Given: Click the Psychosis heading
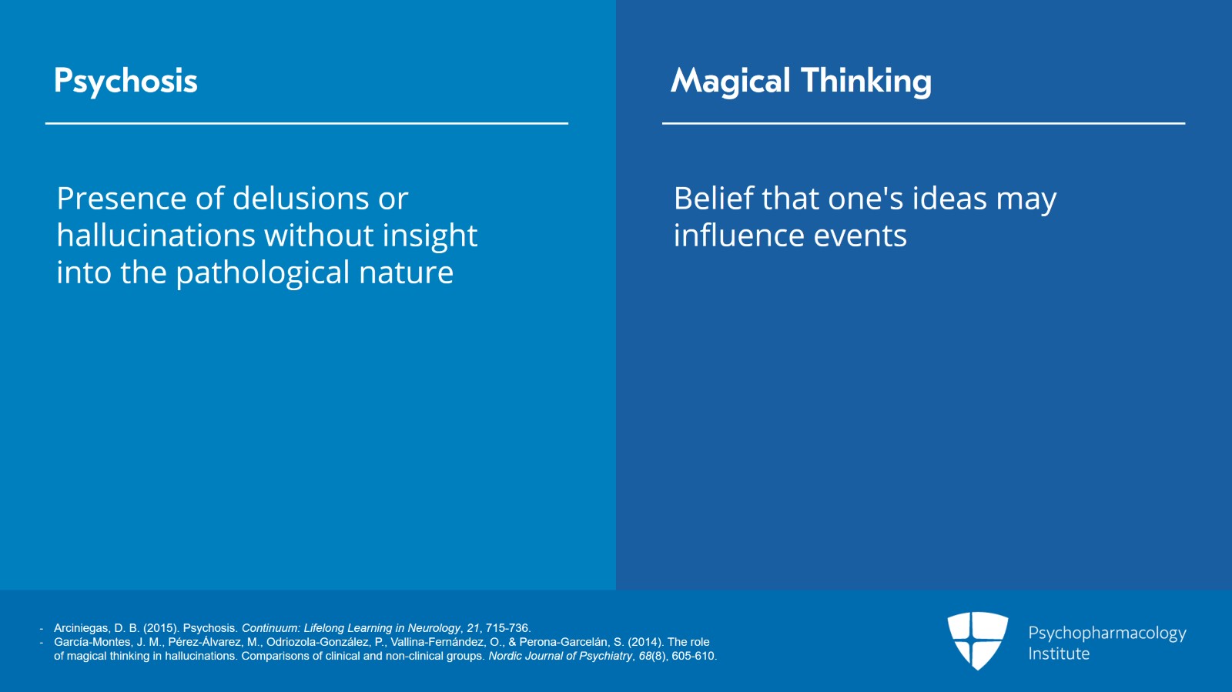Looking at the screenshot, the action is click(126, 82).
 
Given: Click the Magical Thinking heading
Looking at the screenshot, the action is click(801, 82).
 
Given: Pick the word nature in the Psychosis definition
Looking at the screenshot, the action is click(406, 273).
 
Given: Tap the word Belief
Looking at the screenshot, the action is click(713, 198).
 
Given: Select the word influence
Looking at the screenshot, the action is click(738, 236).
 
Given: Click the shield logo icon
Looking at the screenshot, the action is click(977, 640).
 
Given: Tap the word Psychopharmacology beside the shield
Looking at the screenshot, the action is click(1107, 633).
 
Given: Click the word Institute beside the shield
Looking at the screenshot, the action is click(1059, 654).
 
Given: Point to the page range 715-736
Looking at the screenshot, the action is click(507, 628).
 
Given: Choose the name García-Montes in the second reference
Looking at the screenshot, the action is click(92, 642).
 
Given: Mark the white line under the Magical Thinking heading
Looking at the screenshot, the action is click(923, 124).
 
